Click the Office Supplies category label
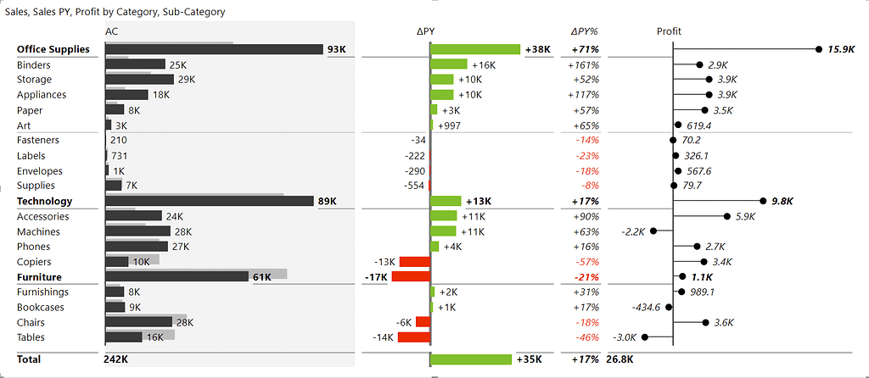(x=53, y=49)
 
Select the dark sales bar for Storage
(x=140, y=79)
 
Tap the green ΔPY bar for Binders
(x=449, y=64)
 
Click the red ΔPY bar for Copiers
(x=414, y=261)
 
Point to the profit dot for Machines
(x=653, y=231)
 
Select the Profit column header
(x=669, y=31)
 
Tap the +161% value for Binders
(x=583, y=64)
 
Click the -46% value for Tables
(x=586, y=337)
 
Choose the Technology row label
(x=44, y=201)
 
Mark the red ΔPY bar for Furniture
(x=411, y=276)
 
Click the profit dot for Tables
(x=645, y=336)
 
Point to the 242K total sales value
(x=116, y=359)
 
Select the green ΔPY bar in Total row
(x=471, y=359)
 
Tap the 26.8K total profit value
(x=620, y=359)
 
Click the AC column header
(x=111, y=31)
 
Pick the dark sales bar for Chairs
(x=138, y=321)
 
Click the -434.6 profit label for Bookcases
(x=646, y=307)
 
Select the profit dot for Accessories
(x=727, y=216)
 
